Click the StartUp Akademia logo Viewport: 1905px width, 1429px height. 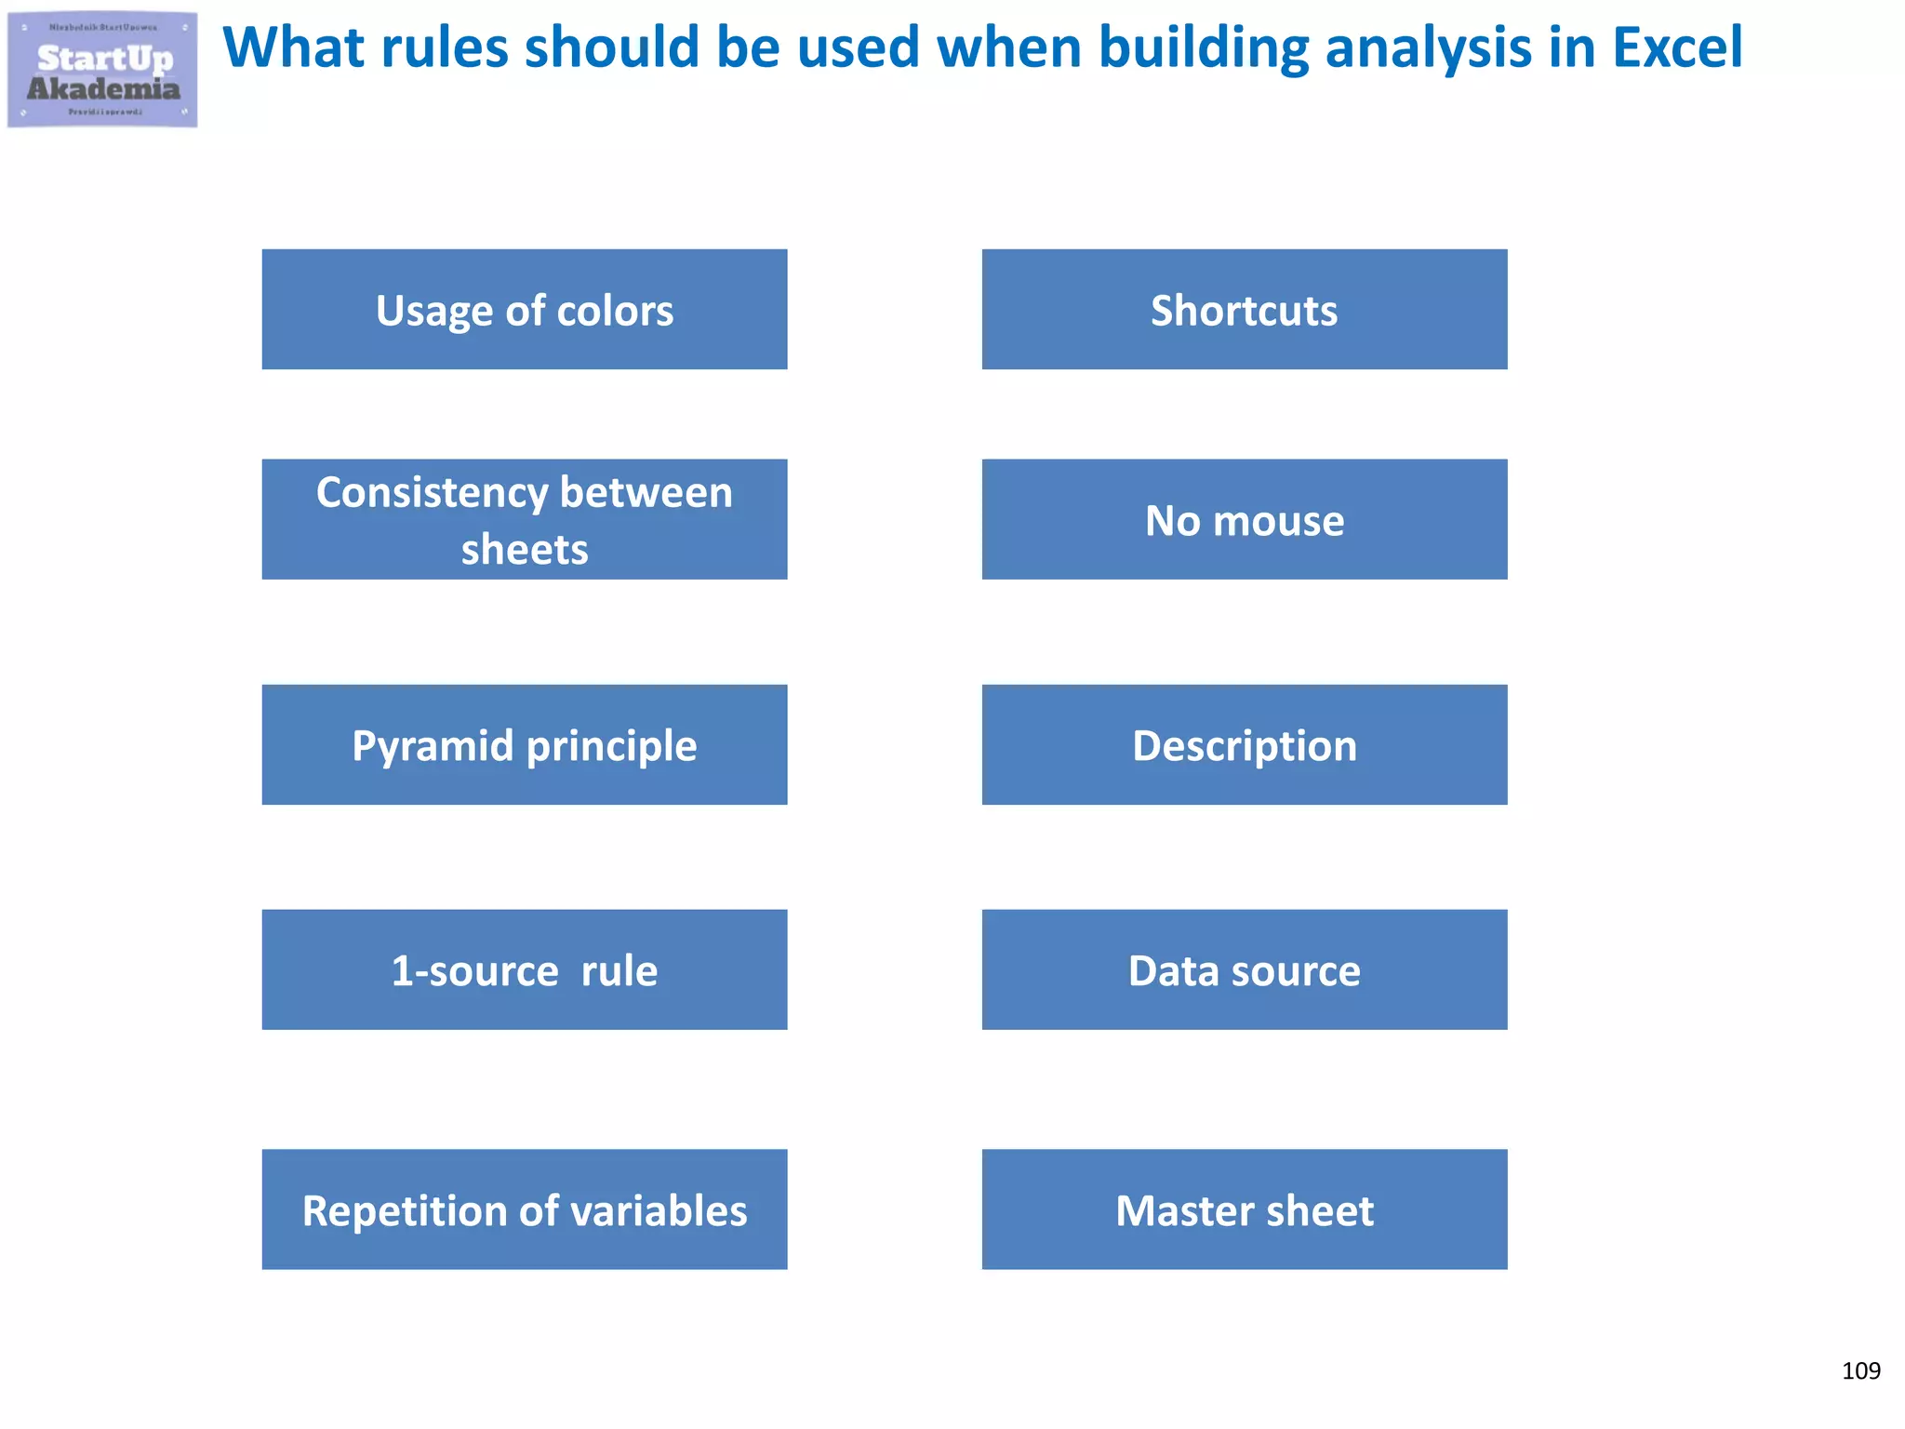(102, 71)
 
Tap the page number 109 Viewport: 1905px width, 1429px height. (1860, 1370)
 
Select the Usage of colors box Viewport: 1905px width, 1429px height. (525, 310)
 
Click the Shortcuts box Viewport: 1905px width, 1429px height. (1245, 310)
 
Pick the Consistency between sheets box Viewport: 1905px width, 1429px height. (525, 519)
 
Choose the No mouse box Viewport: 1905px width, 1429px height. (1245, 519)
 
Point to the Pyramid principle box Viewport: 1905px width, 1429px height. (525, 745)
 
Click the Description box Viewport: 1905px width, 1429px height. (1245, 745)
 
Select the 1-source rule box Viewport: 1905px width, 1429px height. (525, 969)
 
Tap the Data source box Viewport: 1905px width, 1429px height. (1245, 969)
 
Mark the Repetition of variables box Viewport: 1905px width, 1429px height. (525, 1209)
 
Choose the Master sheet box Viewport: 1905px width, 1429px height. (1245, 1209)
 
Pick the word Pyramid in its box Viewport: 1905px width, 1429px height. (433, 745)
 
